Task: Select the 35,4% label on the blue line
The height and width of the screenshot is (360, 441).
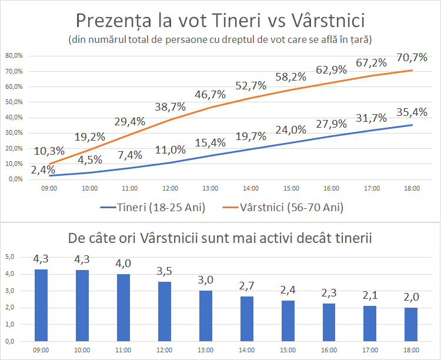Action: tap(411, 112)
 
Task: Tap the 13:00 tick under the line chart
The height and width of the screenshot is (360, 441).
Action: tap(210, 189)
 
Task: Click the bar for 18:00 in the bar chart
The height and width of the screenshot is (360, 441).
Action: tap(411, 324)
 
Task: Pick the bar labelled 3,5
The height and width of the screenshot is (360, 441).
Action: tap(164, 312)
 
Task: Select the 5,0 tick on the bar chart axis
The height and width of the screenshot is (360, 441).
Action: tap(9, 257)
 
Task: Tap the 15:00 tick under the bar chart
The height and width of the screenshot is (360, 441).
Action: tap(288, 350)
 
